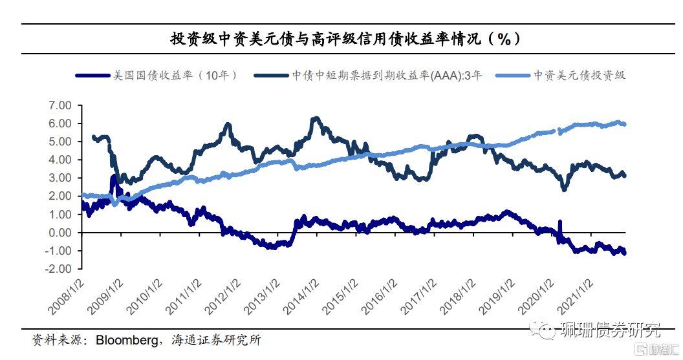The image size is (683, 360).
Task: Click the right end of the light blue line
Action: tap(624, 124)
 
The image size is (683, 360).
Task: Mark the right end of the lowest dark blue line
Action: tap(625, 253)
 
